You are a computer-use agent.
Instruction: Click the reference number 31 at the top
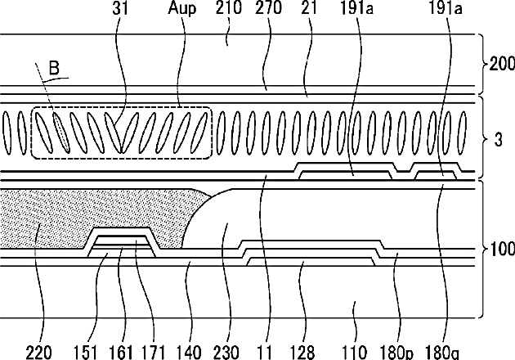tap(120, 8)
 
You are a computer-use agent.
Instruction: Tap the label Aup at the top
tap(182, 8)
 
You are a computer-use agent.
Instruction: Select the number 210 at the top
tap(228, 7)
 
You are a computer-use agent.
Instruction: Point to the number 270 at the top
tap(268, 7)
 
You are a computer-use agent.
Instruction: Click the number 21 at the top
tap(309, 7)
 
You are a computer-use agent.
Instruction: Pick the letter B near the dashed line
tap(54, 68)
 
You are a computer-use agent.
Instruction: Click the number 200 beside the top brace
tap(502, 64)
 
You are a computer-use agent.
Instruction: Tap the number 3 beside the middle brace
tap(499, 140)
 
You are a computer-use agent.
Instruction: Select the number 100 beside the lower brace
tap(502, 249)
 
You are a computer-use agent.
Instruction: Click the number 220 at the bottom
tap(38, 353)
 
